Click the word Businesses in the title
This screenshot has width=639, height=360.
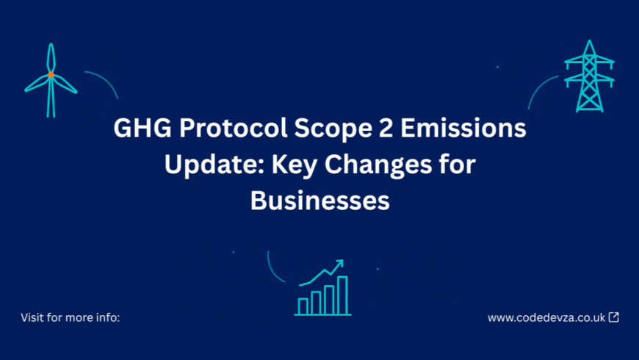(319, 200)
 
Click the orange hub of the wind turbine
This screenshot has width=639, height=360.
(51, 75)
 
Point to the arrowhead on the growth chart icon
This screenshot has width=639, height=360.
(339, 263)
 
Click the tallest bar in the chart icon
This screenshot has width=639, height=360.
(342, 295)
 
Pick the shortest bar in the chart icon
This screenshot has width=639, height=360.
(303, 306)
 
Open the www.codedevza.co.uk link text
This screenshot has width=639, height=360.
(546, 318)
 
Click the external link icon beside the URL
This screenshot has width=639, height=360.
(614, 317)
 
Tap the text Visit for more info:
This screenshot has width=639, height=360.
(71, 318)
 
